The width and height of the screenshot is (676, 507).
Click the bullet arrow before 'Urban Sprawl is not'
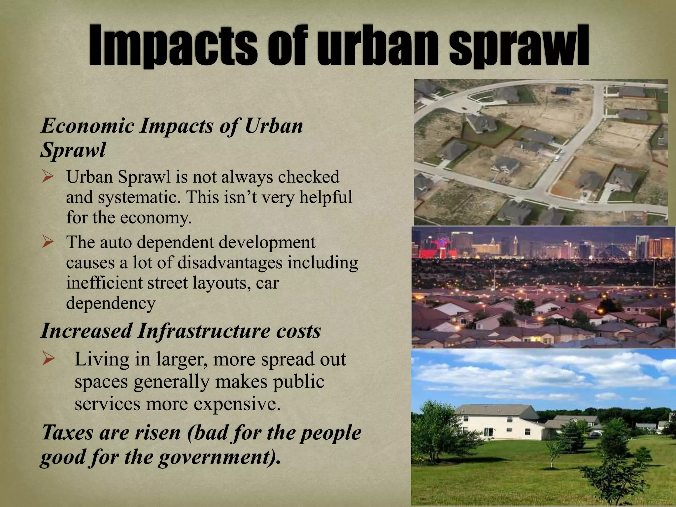tap(48, 177)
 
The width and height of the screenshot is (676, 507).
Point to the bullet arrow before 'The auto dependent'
tap(48, 243)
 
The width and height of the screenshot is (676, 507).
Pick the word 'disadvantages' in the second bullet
tap(230, 263)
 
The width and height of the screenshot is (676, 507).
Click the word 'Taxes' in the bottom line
tap(68, 432)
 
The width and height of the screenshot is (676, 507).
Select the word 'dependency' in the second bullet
tap(111, 303)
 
